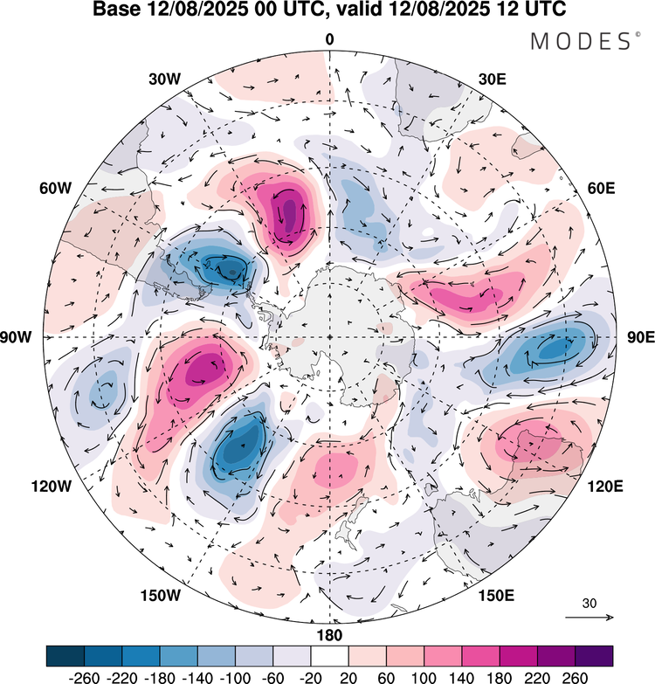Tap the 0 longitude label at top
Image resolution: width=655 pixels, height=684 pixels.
(329, 39)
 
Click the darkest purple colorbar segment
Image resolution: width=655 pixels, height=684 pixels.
(593, 655)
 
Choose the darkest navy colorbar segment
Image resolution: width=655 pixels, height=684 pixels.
(65, 655)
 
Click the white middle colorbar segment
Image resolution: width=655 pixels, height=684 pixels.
(329, 655)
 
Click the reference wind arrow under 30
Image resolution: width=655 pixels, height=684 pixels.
(589, 617)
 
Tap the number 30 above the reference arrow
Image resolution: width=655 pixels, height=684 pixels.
(589, 603)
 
